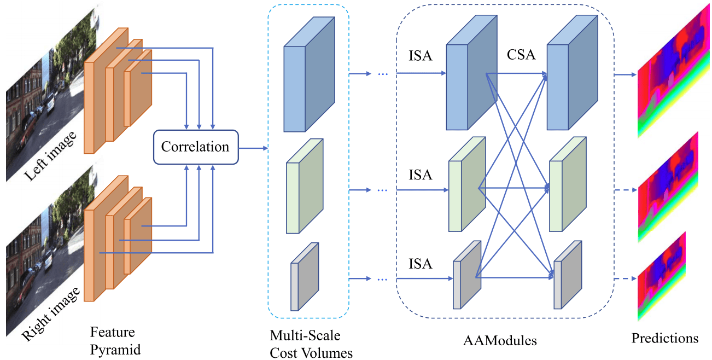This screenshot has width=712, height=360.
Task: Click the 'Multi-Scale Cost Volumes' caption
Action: pos(311,344)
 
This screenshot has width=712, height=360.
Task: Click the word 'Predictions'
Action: pos(664,338)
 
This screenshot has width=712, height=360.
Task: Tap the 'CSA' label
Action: pos(521,55)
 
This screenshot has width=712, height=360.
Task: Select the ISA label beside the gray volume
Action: pos(420,264)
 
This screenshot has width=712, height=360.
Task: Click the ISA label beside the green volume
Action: pos(420,175)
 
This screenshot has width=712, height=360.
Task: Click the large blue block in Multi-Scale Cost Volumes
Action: pos(309,82)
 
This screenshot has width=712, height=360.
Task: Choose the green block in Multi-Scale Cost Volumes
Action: pos(304,186)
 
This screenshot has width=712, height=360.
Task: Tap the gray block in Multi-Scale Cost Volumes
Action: pos(304,277)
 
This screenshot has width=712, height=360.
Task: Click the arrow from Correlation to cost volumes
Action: pos(253,148)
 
